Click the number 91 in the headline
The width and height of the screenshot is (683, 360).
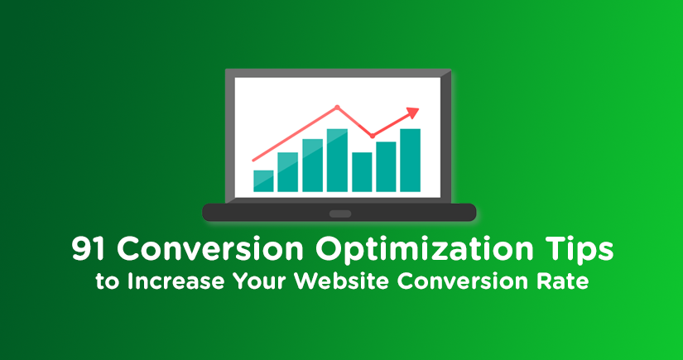click(89, 250)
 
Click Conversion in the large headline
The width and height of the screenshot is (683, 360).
click(210, 250)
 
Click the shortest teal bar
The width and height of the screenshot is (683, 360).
click(263, 181)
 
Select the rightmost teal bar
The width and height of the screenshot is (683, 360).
click(411, 161)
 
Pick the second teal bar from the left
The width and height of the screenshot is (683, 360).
click(288, 172)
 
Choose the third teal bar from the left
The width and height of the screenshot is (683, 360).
click(312, 166)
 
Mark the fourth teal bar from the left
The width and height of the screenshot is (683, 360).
click(337, 161)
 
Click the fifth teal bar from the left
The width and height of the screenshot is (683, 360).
click(362, 172)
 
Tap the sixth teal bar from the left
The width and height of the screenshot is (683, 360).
click(386, 166)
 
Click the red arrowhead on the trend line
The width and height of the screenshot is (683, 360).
click(412, 113)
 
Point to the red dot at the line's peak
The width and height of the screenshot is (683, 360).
click(337, 107)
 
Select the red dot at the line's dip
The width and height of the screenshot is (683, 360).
click(372, 136)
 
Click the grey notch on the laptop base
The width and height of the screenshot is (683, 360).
click(340, 214)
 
